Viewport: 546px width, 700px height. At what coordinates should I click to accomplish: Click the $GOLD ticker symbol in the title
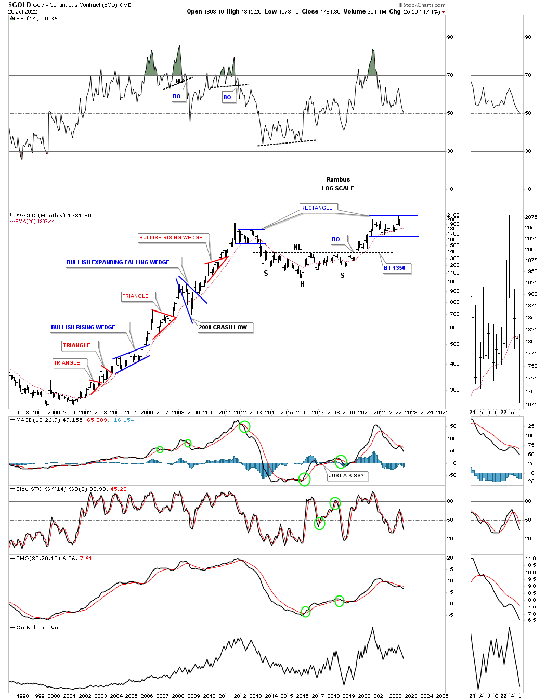tap(19, 5)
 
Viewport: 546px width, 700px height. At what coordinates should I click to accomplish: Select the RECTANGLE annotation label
tap(317, 208)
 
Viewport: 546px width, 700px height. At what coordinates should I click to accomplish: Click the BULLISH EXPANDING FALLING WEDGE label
tap(118, 262)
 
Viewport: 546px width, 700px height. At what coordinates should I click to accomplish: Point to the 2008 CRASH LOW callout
tap(223, 327)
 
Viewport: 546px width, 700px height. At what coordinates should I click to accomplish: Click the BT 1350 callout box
tap(395, 268)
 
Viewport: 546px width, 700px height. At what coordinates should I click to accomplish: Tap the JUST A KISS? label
tap(346, 475)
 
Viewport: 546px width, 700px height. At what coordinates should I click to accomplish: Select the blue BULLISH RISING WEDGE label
tap(83, 327)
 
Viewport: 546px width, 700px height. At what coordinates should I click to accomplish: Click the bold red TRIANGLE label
tap(76, 345)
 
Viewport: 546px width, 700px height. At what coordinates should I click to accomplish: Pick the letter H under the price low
tap(302, 284)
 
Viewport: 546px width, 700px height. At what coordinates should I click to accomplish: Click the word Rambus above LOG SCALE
tap(338, 179)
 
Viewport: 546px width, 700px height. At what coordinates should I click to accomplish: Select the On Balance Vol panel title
tap(38, 627)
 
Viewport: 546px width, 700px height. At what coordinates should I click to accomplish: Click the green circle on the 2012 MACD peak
tap(244, 427)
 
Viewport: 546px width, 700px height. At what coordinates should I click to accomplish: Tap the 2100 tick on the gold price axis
tap(453, 215)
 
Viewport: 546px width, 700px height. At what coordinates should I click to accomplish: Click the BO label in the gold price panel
tap(336, 239)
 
